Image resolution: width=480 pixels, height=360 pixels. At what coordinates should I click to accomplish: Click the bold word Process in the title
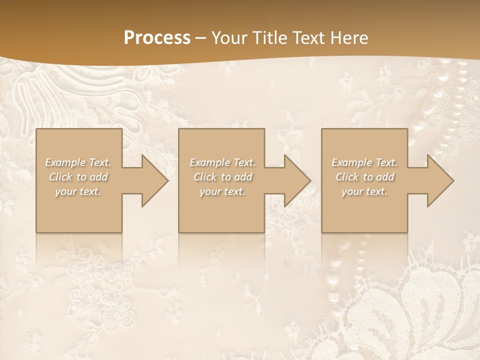coord(157,38)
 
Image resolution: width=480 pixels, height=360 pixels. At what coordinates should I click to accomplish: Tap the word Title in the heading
coord(269,38)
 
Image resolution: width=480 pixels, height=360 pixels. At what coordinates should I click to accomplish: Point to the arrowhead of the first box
coord(152,180)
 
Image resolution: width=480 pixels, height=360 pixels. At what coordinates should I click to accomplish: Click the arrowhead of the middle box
coord(295,180)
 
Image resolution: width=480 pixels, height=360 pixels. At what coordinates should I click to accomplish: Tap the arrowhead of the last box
coord(438,180)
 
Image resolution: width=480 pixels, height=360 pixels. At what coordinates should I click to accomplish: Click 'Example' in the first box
coord(65,162)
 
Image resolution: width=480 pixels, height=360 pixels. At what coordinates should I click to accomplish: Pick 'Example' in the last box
coord(351,162)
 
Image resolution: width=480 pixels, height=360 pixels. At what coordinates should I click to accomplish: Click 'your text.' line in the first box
coord(78,191)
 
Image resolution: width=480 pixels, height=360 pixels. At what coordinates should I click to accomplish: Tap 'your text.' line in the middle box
coord(222,191)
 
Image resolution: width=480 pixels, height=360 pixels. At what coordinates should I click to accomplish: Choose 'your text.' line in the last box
coord(364,191)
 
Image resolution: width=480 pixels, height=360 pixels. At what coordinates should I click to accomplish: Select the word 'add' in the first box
coord(99,177)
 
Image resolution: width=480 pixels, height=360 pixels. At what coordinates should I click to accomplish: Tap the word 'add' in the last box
coord(385,177)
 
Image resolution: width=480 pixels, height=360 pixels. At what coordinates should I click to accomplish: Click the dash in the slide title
coord(200,38)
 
